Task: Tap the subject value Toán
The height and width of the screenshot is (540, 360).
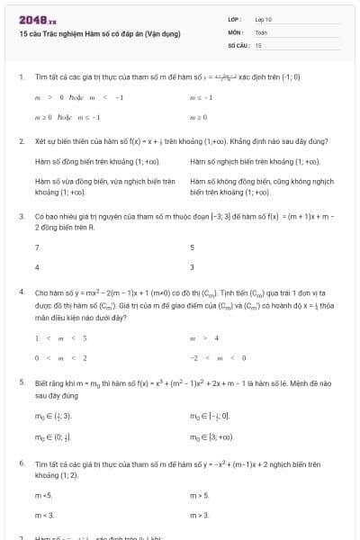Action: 261,31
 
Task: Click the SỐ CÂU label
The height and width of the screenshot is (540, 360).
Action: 238,43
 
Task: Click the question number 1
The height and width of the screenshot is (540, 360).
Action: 21,77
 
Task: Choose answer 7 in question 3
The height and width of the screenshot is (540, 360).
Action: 37,247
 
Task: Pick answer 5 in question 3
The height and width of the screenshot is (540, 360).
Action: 192,247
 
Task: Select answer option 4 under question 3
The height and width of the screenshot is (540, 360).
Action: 37,266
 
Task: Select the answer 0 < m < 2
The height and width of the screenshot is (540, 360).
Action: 48,357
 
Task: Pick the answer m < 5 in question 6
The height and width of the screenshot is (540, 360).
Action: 43,495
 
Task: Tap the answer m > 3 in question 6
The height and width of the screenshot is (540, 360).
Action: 199,515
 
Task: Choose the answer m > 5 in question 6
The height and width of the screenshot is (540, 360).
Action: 199,495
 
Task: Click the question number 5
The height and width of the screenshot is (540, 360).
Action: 21,382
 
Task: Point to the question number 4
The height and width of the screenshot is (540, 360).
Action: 21,293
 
